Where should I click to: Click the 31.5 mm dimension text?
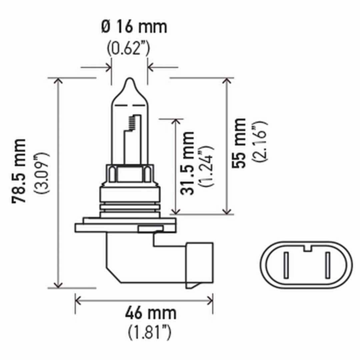[187, 163]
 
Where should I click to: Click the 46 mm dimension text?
[150, 314]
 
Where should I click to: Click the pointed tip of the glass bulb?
[129, 80]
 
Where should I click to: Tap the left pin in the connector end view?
[286, 266]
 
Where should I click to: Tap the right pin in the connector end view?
[327, 266]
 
